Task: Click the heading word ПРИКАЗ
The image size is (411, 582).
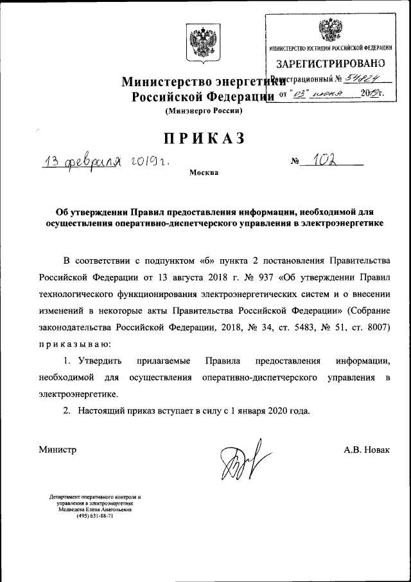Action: pyautogui.click(x=204, y=138)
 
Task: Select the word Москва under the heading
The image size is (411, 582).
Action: pyautogui.click(x=204, y=173)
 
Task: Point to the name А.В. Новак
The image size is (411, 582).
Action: pyautogui.click(x=367, y=450)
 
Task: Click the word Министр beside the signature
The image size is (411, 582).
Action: pyautogui.click(x=57, y=450)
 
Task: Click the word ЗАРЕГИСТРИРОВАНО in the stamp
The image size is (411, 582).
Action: pyautogui.click(x=330, y=63)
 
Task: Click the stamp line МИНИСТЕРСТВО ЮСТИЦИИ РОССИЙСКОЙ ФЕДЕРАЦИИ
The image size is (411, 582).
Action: pyautogui.click(x=330, y=48)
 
